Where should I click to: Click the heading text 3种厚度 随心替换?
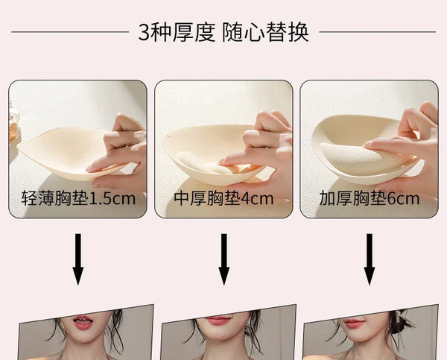coord(223,32)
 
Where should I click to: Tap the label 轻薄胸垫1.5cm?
coord(78,198)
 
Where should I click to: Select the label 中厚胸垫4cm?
coord(223,198)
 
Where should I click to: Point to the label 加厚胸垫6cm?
coord(370,198)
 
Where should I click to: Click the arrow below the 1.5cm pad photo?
coord(77,259)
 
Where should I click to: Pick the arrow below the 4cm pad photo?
coord(223,259)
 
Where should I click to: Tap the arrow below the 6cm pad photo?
coord(370,259)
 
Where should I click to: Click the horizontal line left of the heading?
coord(70,32)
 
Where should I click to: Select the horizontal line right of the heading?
coord(378,32)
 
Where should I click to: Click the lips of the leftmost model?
coord(83,322)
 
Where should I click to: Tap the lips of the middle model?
coord(218,321)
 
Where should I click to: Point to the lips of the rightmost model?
coord(353,323)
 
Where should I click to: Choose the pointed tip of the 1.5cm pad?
coord(19,147)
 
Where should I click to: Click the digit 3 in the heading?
coord(144,32)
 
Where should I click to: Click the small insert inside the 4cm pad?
coord(200,164)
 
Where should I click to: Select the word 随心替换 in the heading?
coord(265,32)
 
